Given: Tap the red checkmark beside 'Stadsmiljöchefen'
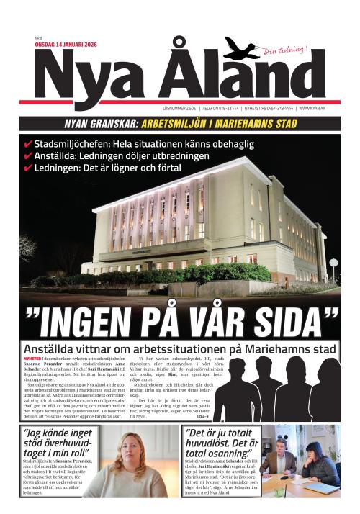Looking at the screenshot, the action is (x=28, y=144).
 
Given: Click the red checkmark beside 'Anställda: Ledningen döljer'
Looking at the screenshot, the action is (x=28, y=156).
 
